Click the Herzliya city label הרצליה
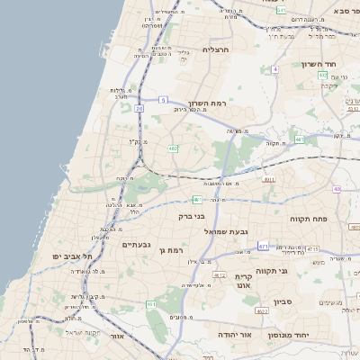coord(217,49)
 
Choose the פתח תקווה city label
coord(308,219)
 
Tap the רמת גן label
coord(171,250)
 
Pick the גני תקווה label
coord(297,270)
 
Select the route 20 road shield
coord(139,108)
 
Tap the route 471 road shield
coord(262,246)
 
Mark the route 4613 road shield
coord(219,275)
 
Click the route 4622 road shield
coord(262,310)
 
